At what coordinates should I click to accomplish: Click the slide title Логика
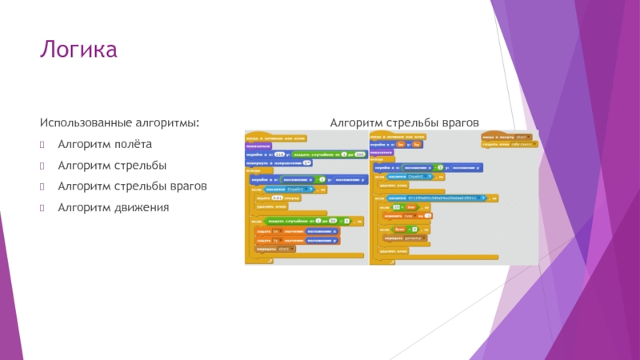79,50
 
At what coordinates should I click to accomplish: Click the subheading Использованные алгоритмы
120,123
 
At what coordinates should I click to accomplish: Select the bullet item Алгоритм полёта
104,145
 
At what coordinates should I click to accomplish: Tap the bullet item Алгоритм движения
113,207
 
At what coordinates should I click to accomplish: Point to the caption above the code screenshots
405,123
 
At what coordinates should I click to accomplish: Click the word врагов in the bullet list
188,186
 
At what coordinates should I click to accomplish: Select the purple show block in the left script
258,146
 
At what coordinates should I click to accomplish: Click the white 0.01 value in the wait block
277,198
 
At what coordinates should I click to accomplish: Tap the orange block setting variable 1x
297,230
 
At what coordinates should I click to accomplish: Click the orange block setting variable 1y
297,239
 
